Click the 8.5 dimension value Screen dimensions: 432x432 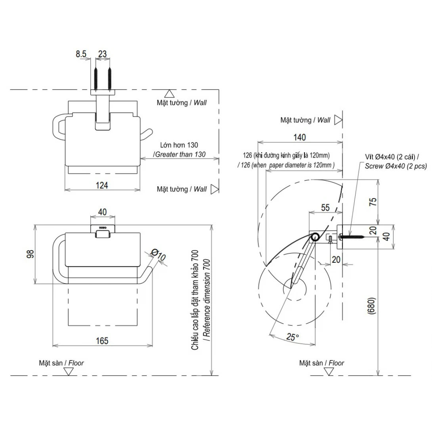(x=81, y=54)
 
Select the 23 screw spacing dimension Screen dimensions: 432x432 (x=102, y=54)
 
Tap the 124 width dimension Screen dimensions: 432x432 (x=102, y=185)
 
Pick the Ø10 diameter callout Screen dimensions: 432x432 (x=158, y=256)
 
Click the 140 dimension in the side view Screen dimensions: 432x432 (x=300, y=137)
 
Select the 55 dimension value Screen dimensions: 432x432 (x=325, y=207)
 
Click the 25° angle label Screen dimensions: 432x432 (x=292, y=337)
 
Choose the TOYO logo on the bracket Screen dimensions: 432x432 (x=103, y=227)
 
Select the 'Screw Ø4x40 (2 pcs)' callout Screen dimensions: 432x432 (x=396, y=166)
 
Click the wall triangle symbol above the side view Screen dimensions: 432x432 (x=338, y=120)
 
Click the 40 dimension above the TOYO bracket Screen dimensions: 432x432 (x=102, y=212)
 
